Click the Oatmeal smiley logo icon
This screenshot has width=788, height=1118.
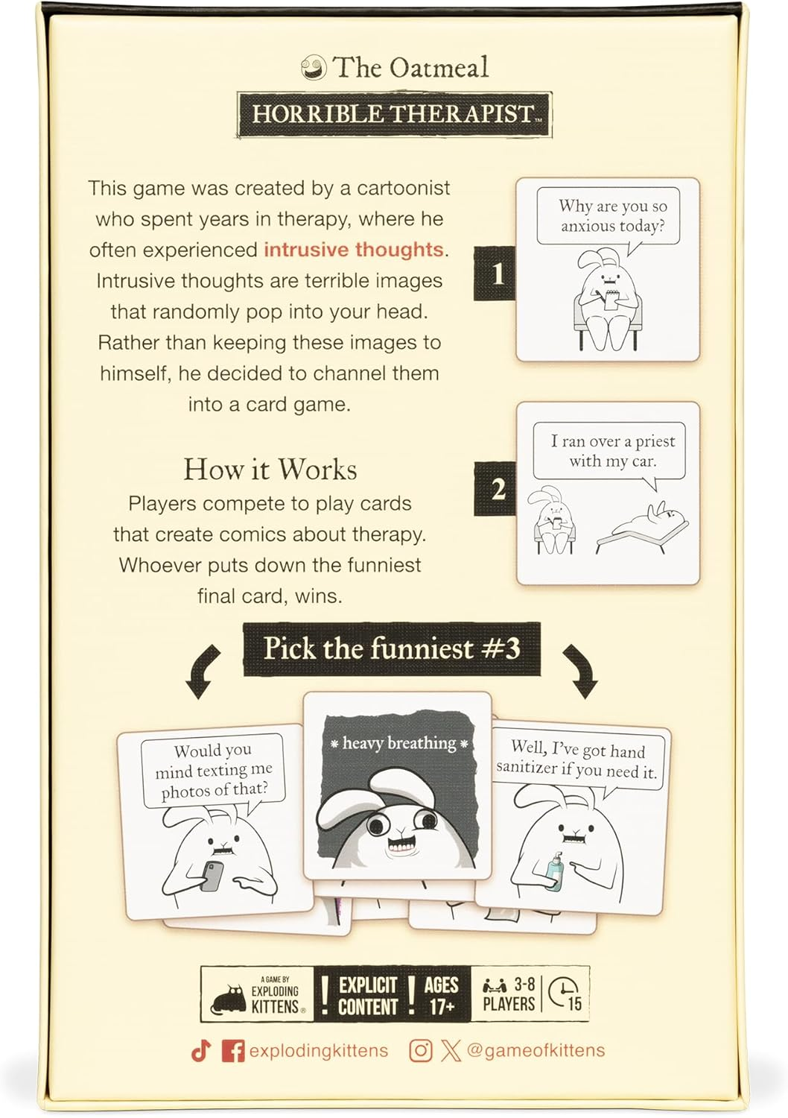click(314, 69)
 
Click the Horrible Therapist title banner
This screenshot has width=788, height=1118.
click(394, 114)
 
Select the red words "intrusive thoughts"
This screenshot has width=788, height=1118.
click(354, 249)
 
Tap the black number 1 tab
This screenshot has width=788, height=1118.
click(496, 274)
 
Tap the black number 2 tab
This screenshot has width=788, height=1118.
click(497, 489)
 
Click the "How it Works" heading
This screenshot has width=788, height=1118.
click(270, 470)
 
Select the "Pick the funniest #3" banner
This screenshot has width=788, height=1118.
click(392, 648)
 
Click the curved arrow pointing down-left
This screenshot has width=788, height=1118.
click(202, 672)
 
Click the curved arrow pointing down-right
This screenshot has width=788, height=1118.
click(582, 672)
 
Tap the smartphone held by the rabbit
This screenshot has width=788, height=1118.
click(213, 876)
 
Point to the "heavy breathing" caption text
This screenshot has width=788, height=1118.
click(398, 743)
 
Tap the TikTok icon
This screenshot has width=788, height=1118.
click(200, 1051)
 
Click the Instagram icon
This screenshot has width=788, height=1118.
click(421, 1051)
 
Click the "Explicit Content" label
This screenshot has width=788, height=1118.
click(368, 996)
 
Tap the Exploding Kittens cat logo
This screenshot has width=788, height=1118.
click(229, 999)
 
